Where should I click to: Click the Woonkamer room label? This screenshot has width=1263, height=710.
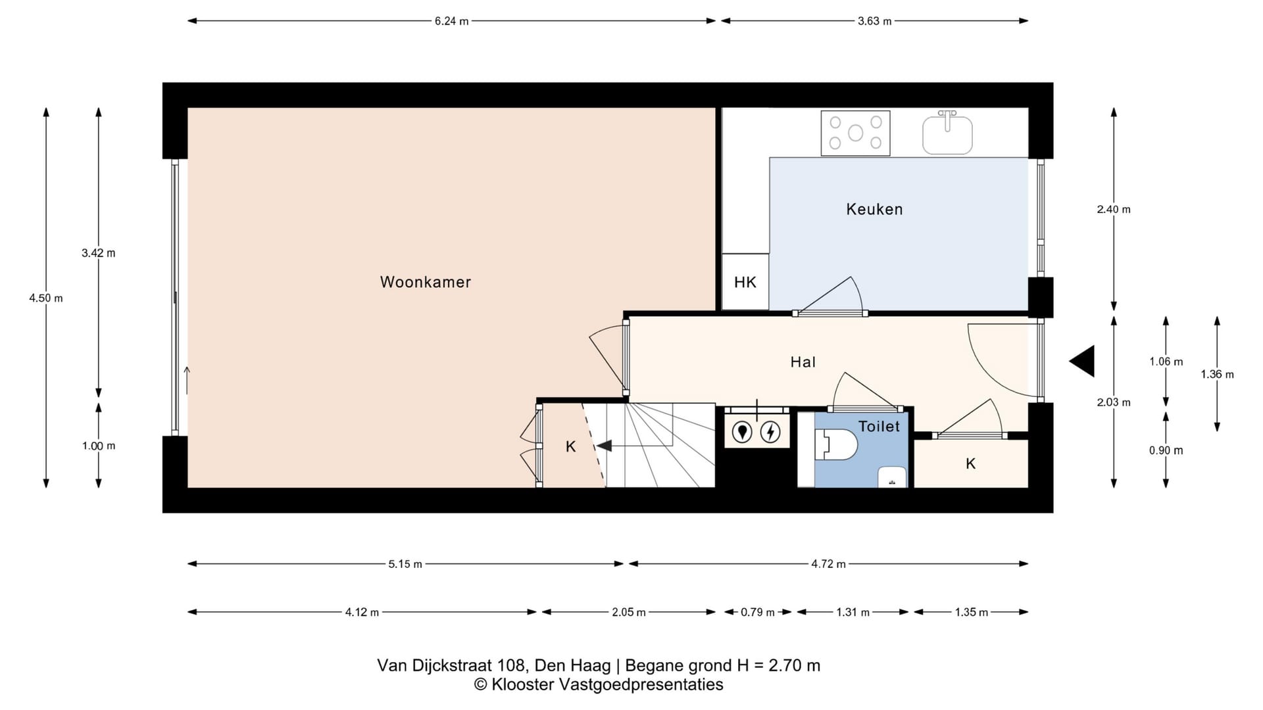(426, 282)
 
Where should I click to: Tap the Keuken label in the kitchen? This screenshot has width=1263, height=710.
(874, 209)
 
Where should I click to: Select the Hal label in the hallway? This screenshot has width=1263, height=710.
(803, 362)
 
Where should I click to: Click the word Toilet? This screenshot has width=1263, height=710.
(879, 426)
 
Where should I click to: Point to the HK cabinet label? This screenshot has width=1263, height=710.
(745, 282)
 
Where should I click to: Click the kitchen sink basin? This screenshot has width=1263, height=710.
(947, 133)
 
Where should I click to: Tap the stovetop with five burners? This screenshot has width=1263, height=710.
(855, 133)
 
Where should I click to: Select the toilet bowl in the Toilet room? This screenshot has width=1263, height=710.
(836, 445)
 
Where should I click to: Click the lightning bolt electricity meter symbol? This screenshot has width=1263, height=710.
(770, 432)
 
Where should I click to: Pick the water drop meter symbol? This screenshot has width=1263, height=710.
(742, 432)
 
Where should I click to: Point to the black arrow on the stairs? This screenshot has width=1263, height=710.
(604, 446)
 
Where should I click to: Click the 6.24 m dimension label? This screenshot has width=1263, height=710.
(451, 21)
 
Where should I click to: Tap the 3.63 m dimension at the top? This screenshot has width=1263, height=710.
(874, 21)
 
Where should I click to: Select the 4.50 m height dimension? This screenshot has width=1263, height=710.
(46, 298)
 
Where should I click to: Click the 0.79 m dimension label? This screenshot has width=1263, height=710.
(757, 612)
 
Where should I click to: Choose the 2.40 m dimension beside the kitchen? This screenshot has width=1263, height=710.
(1114, 209)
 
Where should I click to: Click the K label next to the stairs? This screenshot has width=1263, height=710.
(570, 447)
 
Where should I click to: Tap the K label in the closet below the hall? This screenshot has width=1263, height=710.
(970, 463)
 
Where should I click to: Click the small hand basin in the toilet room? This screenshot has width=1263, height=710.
(893, 477)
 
